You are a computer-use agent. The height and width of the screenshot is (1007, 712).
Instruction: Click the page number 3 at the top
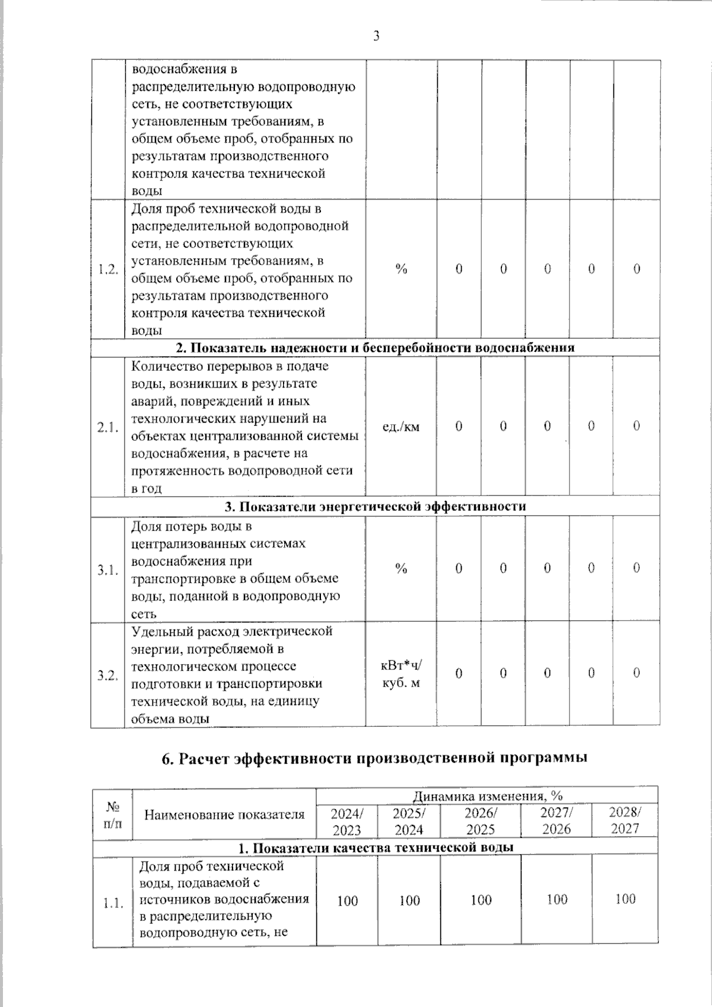pyautogui.click(x=376, y=36)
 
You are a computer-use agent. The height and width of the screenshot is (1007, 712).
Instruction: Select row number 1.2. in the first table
pyautogui.click(x=107, y=269)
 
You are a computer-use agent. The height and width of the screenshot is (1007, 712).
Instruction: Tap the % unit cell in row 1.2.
pyautogui.click(x=401, y=269)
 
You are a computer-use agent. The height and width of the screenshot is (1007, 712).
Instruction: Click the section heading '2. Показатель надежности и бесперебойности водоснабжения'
pyautogui.click(x=375, y=348)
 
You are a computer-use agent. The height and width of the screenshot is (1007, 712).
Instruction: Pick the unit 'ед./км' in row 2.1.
pyautogui.click(x=401, y=426)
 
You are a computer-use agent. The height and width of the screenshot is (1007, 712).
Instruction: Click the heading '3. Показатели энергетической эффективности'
pyautogui.click(x=375, y=506)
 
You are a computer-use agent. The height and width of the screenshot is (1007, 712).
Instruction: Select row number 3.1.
pyautogui.click(x=107, y=570)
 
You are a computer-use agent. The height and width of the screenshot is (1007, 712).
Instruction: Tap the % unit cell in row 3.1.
pyautogui.click(x=401, y=568)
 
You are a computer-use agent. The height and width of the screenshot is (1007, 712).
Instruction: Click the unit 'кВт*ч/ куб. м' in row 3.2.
pyautogui.click(x=401, y=674)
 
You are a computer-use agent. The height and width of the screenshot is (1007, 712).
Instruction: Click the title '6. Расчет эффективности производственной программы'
pyautogui.click(x=375, y=758)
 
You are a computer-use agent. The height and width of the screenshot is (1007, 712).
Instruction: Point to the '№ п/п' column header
pyautogui.click(x=112, y=814)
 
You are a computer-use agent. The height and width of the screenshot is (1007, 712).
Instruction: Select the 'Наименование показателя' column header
pyautogui.click(x=224, y=815)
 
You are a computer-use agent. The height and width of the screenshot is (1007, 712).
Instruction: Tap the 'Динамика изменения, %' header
pyautogui.click(x=487, y=795)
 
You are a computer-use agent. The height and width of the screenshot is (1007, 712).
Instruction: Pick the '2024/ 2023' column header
pyautogui.click(x=347, y=821)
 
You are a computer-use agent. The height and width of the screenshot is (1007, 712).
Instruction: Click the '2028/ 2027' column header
pyautogui.click(x=625, y=821)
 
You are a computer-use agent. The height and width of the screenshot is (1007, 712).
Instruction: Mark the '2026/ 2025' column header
pyautogui.click(x=481, y=821)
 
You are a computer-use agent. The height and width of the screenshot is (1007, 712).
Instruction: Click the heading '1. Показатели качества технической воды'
pyautogui.click(x=375, y=847)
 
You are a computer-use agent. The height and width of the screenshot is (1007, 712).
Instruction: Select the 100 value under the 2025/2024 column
pyautogui.click(x=409, y=900)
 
